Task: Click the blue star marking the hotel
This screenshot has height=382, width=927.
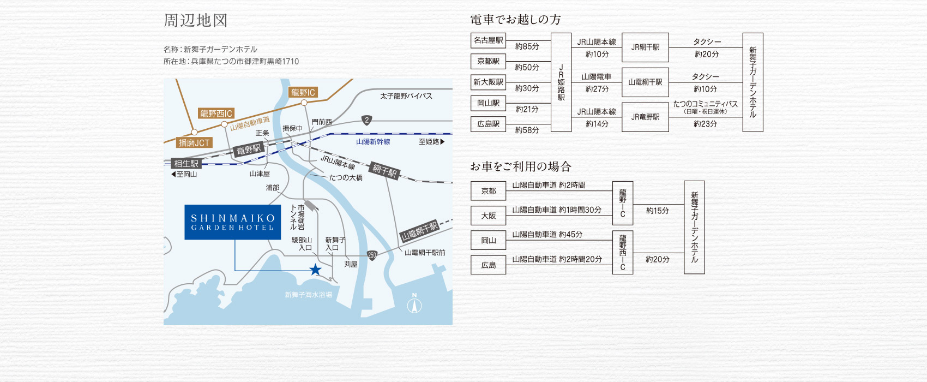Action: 315,270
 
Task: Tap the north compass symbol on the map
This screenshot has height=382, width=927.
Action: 414,305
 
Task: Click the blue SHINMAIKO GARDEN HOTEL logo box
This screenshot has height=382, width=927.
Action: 232,222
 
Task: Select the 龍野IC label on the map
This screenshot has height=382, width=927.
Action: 303,92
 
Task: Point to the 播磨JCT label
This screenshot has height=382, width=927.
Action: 194,142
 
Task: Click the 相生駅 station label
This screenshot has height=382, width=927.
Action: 186,163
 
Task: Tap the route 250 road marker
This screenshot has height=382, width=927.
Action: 372,255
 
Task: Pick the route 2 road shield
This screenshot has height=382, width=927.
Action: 367,120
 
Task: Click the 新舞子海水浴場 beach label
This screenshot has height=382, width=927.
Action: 308,295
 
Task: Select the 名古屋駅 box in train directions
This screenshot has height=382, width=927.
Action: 488,40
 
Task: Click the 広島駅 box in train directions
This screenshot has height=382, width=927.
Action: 488,124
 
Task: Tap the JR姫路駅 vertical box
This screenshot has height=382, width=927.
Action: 561,82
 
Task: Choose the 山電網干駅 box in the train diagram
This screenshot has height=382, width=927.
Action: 645,82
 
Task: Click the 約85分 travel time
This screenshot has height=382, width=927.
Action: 527,47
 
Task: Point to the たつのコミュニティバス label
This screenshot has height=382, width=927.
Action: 705,104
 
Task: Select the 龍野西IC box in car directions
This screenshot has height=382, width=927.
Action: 623,253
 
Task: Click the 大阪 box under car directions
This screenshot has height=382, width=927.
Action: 488,216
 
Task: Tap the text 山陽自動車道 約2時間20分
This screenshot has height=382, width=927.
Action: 557,259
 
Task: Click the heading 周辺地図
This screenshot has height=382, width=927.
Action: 195,21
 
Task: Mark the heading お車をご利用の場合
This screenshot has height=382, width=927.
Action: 521,166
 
